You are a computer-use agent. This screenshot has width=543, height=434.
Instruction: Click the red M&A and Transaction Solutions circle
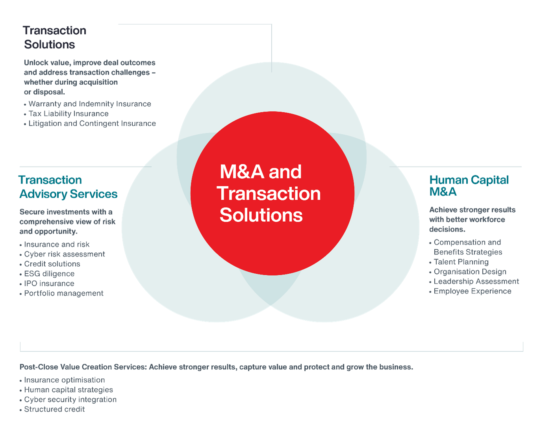point(272,193)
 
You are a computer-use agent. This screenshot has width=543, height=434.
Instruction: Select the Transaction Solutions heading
point(54,37)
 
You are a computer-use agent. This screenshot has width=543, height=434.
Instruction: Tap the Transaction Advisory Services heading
point(68,187)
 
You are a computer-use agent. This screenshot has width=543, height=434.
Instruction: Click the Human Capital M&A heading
point(468,186)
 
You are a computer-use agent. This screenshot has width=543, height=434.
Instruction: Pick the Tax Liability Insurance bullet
point(68,114)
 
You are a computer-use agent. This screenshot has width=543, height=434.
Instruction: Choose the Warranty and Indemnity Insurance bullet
point(89,104)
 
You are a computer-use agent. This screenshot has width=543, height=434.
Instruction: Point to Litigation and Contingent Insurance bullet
point(92,124)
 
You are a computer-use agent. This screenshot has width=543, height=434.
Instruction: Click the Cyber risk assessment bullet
point(64,254)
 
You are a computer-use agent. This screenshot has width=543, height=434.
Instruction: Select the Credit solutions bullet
point(52,264)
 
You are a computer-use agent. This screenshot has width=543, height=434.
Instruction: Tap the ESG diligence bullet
point(49,274)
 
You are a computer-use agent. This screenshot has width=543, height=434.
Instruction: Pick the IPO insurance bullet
point(49,284)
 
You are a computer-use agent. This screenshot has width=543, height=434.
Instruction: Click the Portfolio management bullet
point(63,294)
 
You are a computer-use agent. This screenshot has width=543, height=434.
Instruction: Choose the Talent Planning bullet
point(461,262)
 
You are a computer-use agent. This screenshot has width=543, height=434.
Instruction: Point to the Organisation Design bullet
point(470,272)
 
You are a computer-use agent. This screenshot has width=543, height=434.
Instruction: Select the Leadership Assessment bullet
point(476,282)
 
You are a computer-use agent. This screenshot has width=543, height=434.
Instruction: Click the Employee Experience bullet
point(472,292)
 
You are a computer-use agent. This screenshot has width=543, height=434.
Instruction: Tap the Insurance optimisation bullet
point(64,380)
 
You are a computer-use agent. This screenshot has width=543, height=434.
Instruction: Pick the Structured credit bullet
point(54,410)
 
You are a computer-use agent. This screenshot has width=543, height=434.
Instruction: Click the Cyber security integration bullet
point(70,400)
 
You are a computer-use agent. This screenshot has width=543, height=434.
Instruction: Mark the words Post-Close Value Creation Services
point(83,367)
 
